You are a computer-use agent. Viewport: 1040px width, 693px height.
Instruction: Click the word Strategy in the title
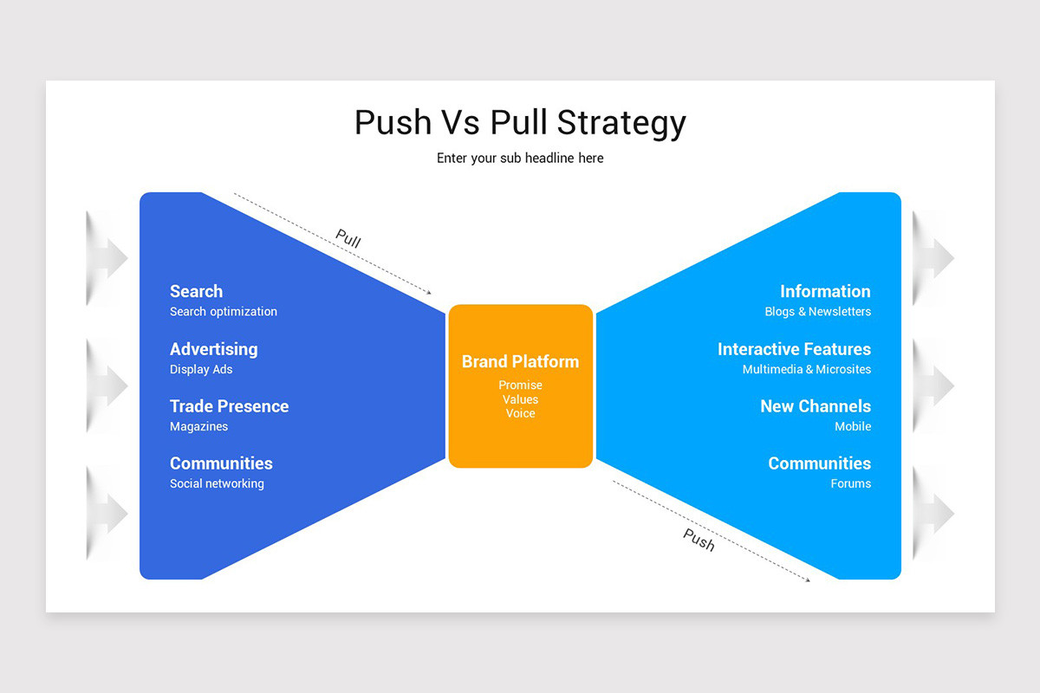click(621, 123)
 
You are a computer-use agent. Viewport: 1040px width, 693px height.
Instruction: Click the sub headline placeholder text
click(520, 159)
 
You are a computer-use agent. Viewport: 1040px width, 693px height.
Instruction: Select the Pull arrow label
click(348, 239)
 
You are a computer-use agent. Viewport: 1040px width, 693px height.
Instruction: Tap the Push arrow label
click(699, 540)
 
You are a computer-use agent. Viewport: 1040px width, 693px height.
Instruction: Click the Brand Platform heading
click(520, 362)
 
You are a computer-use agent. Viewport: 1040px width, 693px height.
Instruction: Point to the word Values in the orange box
click(520, 399)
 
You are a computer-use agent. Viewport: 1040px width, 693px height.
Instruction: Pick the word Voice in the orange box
click(520, 413)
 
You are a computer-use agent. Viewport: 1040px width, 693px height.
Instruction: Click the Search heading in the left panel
click(196, 292)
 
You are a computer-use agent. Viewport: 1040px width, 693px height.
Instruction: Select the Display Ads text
click(201, 370)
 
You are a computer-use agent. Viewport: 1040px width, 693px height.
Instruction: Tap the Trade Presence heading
click(229, 406)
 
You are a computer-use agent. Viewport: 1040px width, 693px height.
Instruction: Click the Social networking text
click(217, 484)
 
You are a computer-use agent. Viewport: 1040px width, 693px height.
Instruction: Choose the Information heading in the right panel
click(825, 292)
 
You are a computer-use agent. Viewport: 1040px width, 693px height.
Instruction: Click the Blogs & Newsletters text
click(817, 312)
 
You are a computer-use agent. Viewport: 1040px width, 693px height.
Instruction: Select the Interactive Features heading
click(794, 349)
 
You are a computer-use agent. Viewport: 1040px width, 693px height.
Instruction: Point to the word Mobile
click(853, 427)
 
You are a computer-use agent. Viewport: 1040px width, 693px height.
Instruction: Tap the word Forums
click(850, 484)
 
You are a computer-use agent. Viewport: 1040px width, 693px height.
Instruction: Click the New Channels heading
click(816, 406)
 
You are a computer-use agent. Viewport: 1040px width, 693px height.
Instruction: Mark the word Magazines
click(198, 427)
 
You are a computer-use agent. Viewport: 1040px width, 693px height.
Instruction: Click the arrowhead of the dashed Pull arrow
click(427, 293)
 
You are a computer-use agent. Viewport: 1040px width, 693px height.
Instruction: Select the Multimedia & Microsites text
click(806, 370)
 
